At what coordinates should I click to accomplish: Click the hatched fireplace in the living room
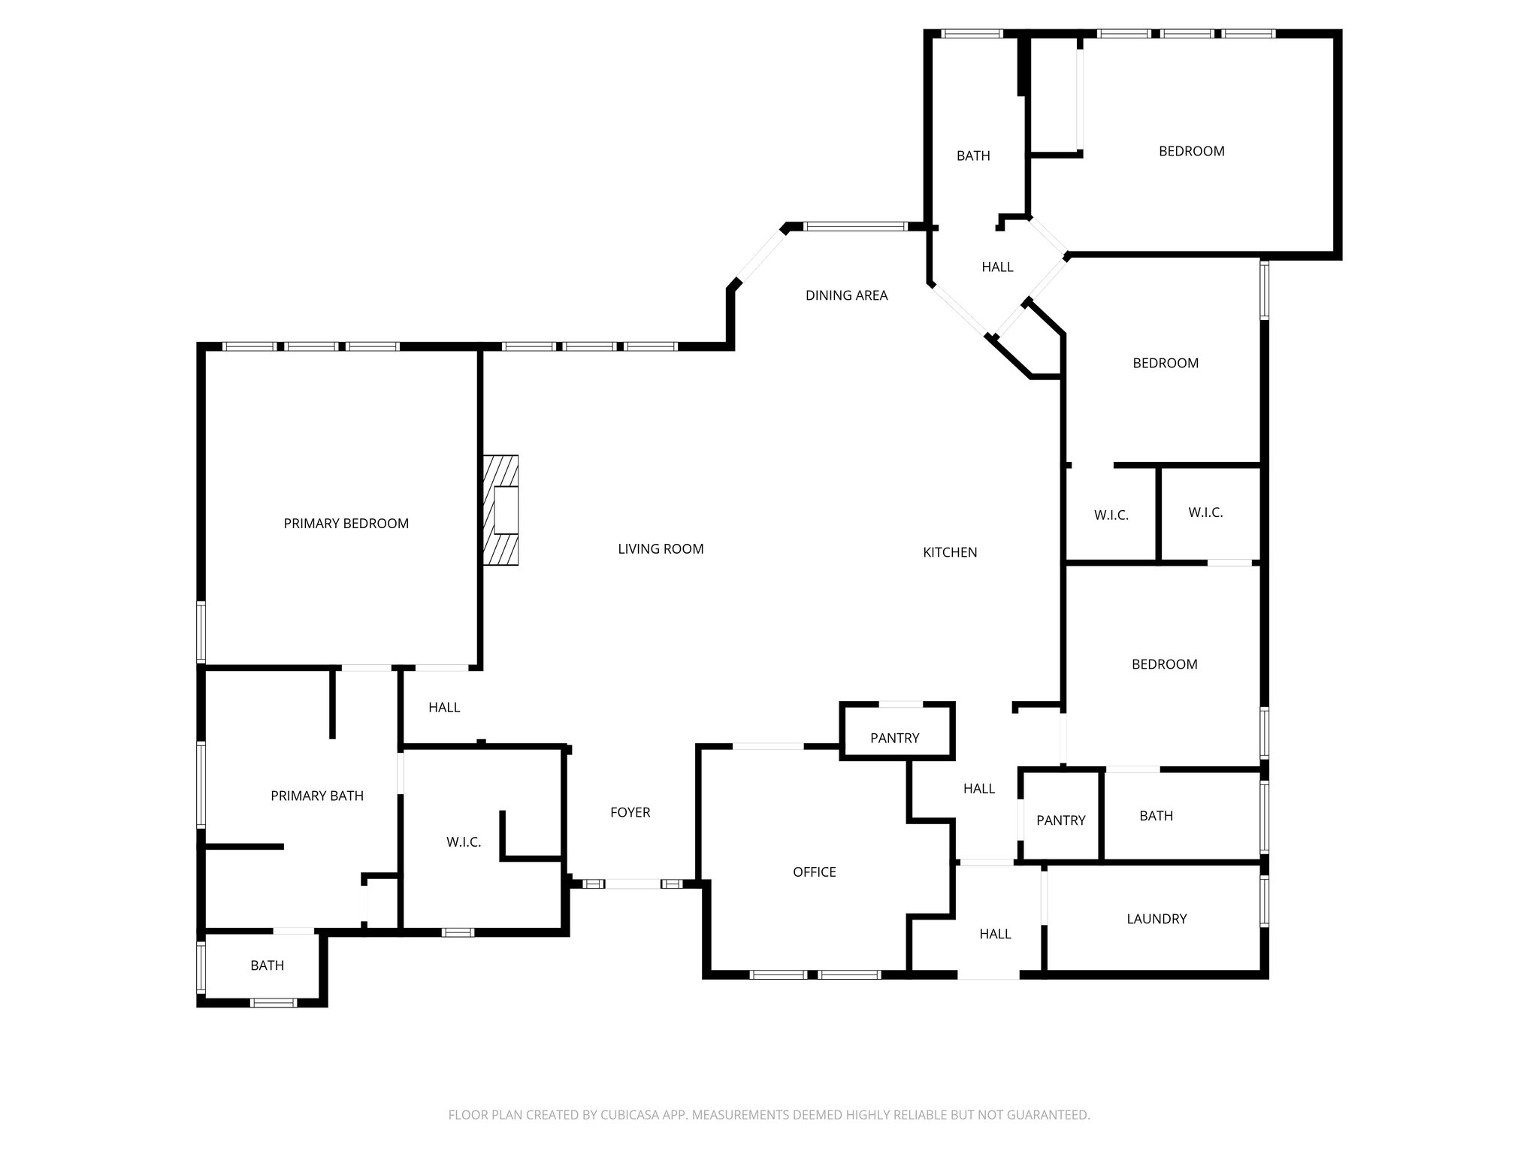pyautogui.click(x=501, y=510)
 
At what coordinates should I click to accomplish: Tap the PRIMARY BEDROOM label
pyautogui.click(x=346, y=524)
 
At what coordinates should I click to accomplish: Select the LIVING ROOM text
pyautogui.click(x=661, y=549)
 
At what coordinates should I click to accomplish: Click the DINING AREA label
pyautogui.click(x=846, y=295)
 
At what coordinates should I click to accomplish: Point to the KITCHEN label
pyautogui.click(x=950, y=552)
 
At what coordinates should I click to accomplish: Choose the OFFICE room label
pyautogui.click(x=814, y=872)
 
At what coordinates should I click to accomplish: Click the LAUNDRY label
pyautogui.click(x=1157, y=918)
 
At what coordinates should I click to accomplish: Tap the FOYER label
pyautogui.click(x=630, y=812)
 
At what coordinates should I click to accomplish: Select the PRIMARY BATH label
pyautogui.click(x=316, y=796)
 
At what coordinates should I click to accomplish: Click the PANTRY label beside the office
pyautogui.click(x=894, y=738)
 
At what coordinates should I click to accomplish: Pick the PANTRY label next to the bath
pyautogui.click(x=1060, y=820)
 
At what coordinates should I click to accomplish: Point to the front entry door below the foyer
pyautogui.click(x=633, y=884)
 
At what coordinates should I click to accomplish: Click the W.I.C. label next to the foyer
pyautogui.click(x=463, y=842)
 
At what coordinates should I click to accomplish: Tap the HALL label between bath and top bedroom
pyautogui.click(x=997, y=267)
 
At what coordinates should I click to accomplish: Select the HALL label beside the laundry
pyautogui.click(x=995, y=934)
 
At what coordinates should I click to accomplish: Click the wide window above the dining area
pyautogui.click(x=855, y=226)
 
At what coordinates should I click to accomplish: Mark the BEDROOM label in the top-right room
pyautogui.click(x=1191, y=151)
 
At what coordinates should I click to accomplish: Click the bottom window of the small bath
pyautogui.click(x=273, y=1002)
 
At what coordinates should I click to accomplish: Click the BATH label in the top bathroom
pyautogui.click(x=972, y=156)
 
